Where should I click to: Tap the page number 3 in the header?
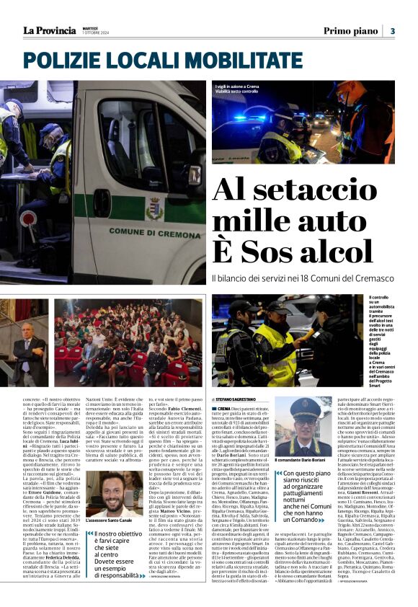click(393, 31)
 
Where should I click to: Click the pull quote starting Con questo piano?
click(306, 498)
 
